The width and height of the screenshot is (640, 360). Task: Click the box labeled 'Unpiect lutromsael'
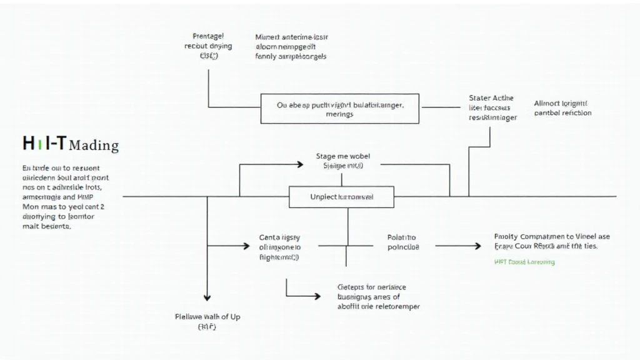tap(341, 197)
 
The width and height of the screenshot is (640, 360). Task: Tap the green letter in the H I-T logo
tap(40, 144)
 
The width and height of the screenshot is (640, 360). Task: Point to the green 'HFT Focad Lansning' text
tap(524, 262)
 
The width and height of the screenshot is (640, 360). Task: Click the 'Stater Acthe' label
tap(491, 98)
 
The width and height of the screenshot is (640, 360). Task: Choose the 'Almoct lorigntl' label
tap(561, 103)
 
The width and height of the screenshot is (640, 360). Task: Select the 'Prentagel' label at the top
tap(209, 37)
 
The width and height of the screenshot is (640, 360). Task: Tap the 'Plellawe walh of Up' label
tap(207, 317)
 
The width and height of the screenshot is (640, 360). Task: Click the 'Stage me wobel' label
tap(342, 157)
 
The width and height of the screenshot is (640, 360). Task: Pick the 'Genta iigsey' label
tap(279, 237)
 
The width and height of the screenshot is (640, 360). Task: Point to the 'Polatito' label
tap(402, 237)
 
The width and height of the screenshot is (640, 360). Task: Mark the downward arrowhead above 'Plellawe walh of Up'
tap(207, 297)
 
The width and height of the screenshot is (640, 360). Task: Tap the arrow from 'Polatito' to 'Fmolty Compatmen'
tap(457, 246)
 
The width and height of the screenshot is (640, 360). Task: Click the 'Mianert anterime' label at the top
tap(292, 37)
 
